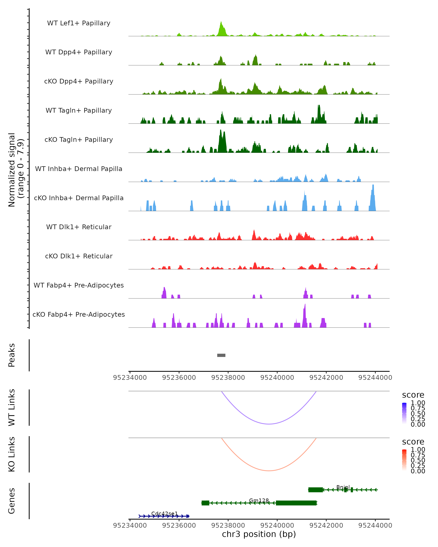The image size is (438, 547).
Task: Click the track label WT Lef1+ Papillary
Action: pyautogui.click(x=79, y=23)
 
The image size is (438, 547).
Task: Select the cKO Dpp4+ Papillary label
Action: pyautogui.click(x=79, y=82)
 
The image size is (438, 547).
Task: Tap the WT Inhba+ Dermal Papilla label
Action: pyautogui.click(x=79, y=169)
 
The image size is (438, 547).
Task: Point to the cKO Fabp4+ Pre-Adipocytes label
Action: pyautogui.click(x=79, y=315)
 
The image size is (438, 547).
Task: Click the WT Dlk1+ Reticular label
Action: pyautogui.click(x=79, y=227)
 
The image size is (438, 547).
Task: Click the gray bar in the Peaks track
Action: pyautogui.click(x=221, y=355)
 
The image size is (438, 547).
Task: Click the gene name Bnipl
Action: pyautogui.click(x=343, y=487)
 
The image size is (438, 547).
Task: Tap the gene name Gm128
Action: pyautogui.click(x=259, y=501)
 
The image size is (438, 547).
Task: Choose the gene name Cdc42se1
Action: pyautogui.click(x=165, y=514)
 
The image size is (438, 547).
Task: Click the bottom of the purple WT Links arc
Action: pyautogui.click(x=269, y=424)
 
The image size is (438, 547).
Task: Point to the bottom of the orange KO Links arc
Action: pyautogui.click(x=269, y=471)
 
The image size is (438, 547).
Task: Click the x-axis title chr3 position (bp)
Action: pyautogui.click(x=259, y=534)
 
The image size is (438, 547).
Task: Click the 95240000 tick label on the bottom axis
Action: pyautogui.click(x=277, y=525)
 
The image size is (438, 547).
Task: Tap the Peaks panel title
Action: pyautogui.click(x=12, y=355)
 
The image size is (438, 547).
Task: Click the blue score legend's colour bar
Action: pyautogui.click(x=404, y=413)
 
